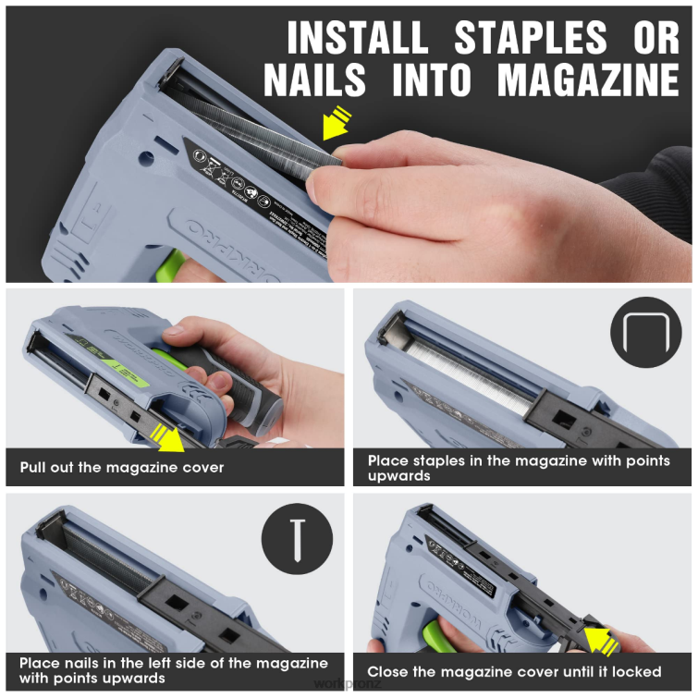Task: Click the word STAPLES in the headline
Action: click(x=530, y=39)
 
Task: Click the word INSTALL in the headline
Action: click(x=357, y=39)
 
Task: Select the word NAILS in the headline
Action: click(x=319, y=80)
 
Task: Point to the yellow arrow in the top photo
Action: click(x=336, y=123)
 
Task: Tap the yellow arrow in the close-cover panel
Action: click(x=600, y=637)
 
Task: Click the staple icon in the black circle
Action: click(x=644, y=333)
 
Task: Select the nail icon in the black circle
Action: click(x=297, y=535)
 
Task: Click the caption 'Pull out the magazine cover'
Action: click(x=122, y=468)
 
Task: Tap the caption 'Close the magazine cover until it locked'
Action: click(x=514, y=671)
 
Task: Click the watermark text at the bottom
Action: click(x=349, y=685)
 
